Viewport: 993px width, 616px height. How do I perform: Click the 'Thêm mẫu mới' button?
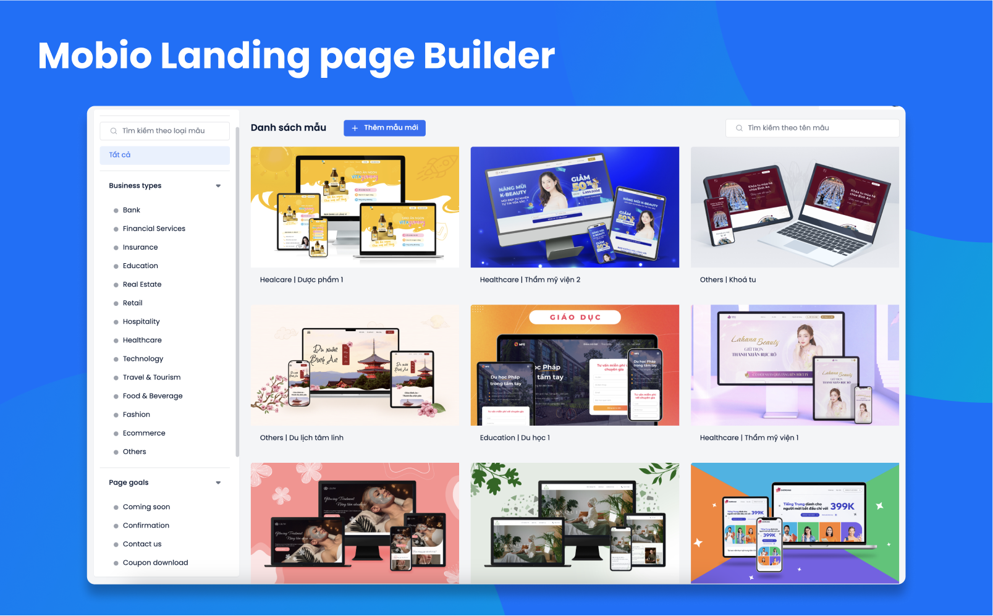click(x=384, y=128)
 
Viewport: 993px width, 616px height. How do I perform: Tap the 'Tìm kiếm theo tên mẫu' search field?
click(x=812, y=128)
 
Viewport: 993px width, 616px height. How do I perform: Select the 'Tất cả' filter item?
click(x=164, y=155)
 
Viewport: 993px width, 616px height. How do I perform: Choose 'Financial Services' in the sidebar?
click(x=154, y=229)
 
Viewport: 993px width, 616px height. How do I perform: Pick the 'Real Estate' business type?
click(x=142, y=284)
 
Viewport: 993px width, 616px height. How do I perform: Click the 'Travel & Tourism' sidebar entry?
click(x=151, y=378)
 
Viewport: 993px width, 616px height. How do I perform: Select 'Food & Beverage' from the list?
click(x=153, y=396)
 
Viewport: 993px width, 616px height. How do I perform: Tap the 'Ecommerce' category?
click(x=144, y=433)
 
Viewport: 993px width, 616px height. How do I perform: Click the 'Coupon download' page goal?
click(x=155, y=563)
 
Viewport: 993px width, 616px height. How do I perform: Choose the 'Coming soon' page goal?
click(x=146, y=507)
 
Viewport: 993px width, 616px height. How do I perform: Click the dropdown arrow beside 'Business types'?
click(x=218, y=186)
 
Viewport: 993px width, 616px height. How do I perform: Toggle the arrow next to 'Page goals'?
click(x=218, y=483)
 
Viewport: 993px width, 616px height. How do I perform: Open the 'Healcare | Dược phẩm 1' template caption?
click(x=302, y=280)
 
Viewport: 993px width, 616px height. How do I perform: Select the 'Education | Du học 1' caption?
click(x=515, y=438)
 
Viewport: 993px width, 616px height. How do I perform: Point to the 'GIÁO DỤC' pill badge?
click(x=575, y=318)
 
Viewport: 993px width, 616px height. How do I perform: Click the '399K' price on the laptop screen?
click(x=842, y=507)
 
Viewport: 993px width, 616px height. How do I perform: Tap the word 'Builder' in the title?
click(x=489, y=56)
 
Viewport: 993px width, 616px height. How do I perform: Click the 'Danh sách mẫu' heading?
click(x=289, y=128)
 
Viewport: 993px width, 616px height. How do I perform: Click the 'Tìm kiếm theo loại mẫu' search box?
click(x=164, y=131)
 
